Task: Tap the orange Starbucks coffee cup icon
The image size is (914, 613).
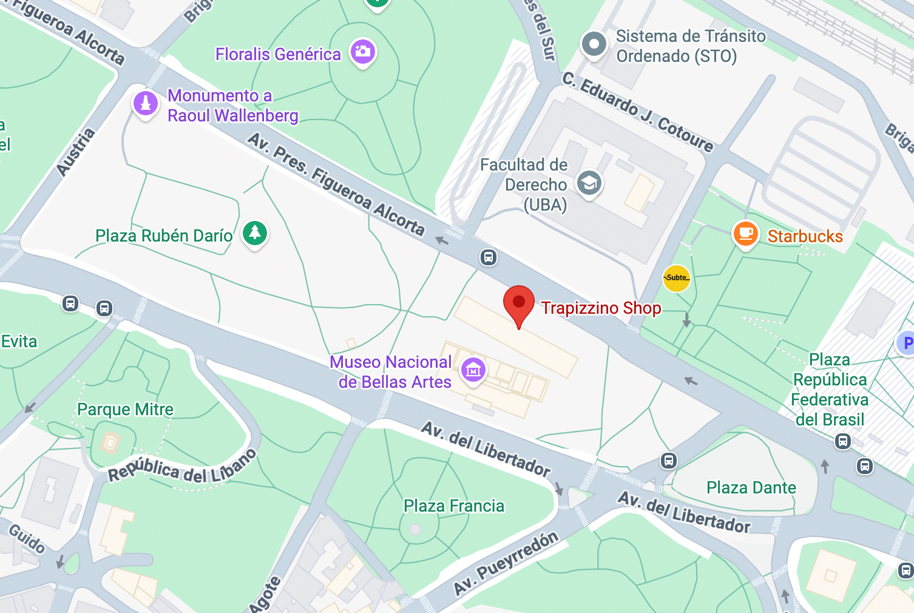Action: click(x=746, y=234)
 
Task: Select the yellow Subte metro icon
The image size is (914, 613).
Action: click(x=676, y=278)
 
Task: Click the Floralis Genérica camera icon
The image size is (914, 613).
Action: click(x=362, y=52)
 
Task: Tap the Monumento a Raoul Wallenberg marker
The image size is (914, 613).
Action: click(x=146, y=104)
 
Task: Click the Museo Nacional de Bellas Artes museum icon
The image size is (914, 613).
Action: click(x=473, y=369)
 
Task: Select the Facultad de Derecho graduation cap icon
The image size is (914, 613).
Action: click(x=589, y=183)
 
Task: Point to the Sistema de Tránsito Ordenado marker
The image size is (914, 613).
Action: click(x=594, y=44)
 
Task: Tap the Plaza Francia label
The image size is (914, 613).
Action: click(x=454, y=506)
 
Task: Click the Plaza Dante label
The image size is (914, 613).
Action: click(x=751, y=487)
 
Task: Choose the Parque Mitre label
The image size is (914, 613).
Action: click(x=125, y=410)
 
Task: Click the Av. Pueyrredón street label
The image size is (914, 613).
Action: click(x=506, y=564)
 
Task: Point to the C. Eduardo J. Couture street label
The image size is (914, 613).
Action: click(x=637, y=112)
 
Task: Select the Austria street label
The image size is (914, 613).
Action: click(x=76, y=152)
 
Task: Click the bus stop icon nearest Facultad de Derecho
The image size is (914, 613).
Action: click(x=489, y=257)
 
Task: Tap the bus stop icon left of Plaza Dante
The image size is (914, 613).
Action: click(x=669, y=461)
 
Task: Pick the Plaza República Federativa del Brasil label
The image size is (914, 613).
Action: click(x=830, y=390)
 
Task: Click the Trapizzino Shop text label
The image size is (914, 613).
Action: click(x=601, y=308)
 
